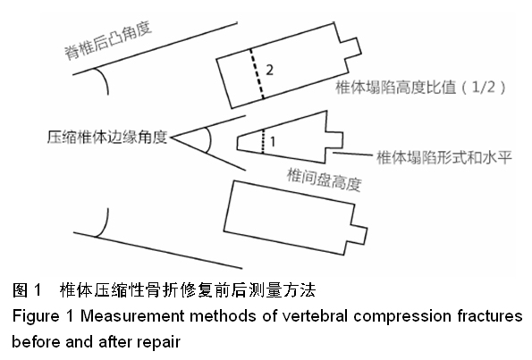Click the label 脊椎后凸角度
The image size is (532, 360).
click(108, 41)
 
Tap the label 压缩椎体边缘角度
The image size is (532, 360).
click(107, 138)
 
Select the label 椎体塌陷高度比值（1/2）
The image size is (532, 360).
click(421, 88)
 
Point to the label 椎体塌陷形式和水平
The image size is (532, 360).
click(444, 157)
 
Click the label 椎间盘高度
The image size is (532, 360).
click(324, 180)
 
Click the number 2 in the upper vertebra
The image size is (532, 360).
click(269, 71)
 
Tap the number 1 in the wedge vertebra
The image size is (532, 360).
click(273, 142)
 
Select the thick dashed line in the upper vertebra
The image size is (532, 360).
click(257, 74)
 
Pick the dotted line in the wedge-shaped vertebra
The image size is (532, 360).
click(263, 142)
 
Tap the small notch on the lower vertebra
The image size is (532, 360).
click(358, 233)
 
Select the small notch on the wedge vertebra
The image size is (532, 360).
click(334, 140)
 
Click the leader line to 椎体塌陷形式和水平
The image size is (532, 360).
click(353, 155)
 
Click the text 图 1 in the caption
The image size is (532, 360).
click(27, 290)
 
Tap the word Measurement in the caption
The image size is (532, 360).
click(132, 316)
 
